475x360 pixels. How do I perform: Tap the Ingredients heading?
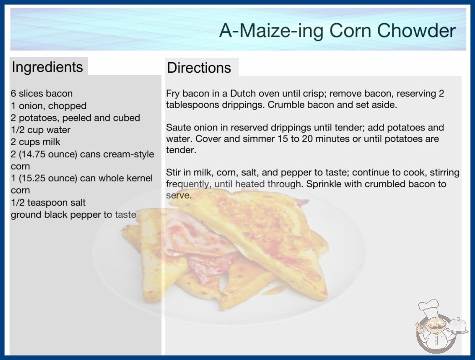47,67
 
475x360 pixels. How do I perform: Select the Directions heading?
199,68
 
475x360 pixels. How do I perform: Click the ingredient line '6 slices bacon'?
42,94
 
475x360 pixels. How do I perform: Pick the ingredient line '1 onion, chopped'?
49,105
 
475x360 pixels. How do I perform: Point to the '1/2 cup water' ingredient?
40,130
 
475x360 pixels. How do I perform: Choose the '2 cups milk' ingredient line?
35,142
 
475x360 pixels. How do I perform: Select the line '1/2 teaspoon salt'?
48,203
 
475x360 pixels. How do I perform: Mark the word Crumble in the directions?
286,105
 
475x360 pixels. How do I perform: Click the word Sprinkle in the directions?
324,184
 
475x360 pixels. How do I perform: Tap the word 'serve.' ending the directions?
179,195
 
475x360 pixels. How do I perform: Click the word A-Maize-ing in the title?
271,31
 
